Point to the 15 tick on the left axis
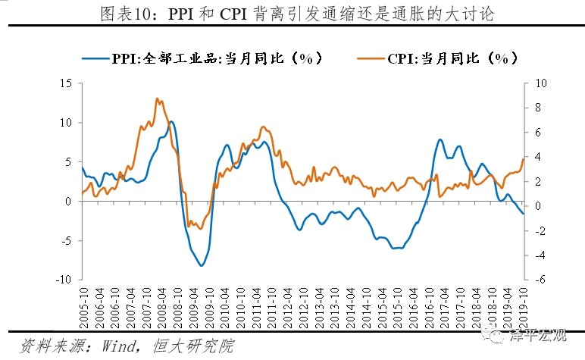(x=66, y=83)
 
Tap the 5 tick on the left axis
(x=68, y=162)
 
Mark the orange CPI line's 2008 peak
(x=156, y=99)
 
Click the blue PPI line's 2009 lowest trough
(x=201, y=265)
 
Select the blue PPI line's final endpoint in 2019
(x=523, y=214)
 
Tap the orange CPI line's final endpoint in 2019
(x=523, y=158)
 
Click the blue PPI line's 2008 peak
(x=171, y=121)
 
